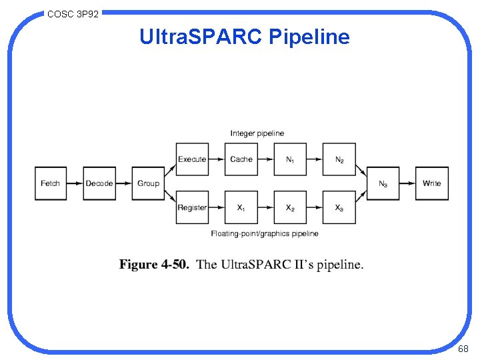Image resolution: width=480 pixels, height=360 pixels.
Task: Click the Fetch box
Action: coord(51,183)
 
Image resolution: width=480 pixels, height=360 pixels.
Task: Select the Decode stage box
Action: coord(99,183)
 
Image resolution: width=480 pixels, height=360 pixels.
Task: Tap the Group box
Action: coord(148,183)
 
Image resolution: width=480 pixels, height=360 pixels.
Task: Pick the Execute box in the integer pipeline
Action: coord(192,159)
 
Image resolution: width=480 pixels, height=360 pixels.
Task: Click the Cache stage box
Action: coord(241,159)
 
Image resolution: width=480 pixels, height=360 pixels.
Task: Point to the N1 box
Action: coord(290,159)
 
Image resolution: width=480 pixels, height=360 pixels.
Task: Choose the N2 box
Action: coord(339,159)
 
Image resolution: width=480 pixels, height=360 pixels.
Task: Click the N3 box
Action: coord(383,183)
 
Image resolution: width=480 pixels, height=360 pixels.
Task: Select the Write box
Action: coord(432,183)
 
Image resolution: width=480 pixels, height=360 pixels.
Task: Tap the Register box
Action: coord(192,208)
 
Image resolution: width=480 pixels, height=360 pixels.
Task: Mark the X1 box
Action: coord(241,208)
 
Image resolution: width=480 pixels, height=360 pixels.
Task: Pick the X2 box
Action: coord(290,208)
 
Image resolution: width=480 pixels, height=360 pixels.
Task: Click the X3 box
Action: coord(339,208)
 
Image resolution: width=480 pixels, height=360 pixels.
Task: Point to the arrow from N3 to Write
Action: coord(408,183)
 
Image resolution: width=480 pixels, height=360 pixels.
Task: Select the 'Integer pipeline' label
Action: coord(257,133)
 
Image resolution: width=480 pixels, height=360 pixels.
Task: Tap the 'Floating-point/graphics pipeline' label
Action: coord(265,233)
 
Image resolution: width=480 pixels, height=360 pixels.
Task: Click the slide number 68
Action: coord(463,349)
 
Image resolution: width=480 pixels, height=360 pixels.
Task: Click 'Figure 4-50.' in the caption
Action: coord(154,265)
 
